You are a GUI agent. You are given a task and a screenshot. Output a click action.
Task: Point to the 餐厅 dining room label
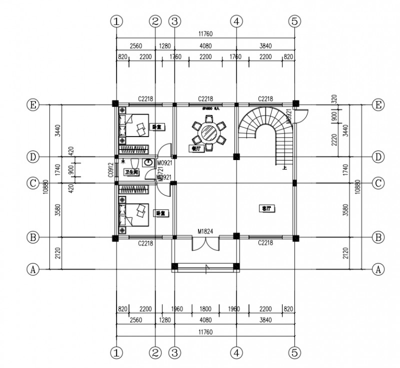pos(196,148)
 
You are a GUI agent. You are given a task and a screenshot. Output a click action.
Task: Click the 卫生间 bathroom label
pos(131,172)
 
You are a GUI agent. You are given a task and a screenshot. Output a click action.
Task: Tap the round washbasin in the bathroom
pos(148,162)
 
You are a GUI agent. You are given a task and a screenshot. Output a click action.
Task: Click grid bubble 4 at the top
pos(236,21)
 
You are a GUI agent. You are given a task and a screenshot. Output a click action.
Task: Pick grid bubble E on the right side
pos(378,105)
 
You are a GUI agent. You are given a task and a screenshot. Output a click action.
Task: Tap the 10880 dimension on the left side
pos(45,186)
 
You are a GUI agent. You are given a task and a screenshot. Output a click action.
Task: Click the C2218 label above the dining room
pos(205,98)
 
